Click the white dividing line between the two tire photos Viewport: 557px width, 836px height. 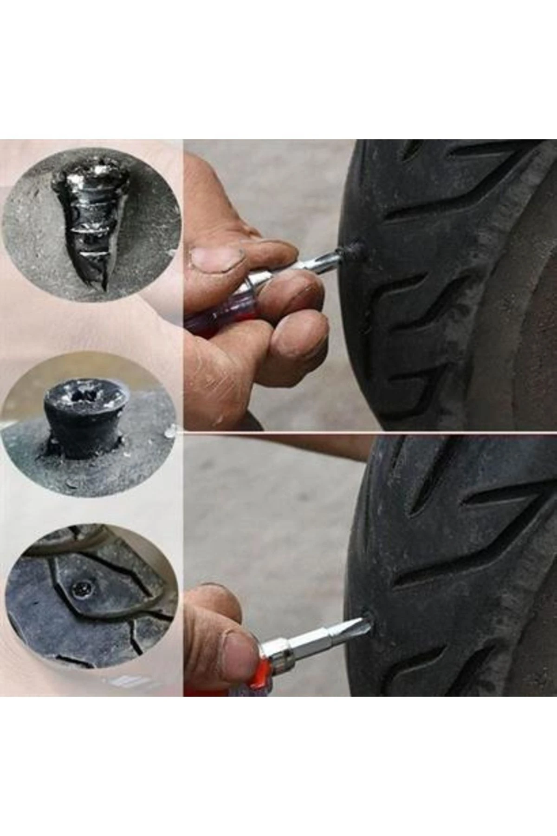tap(371, 432)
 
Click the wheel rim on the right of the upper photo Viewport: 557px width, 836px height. tap(534, 302)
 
